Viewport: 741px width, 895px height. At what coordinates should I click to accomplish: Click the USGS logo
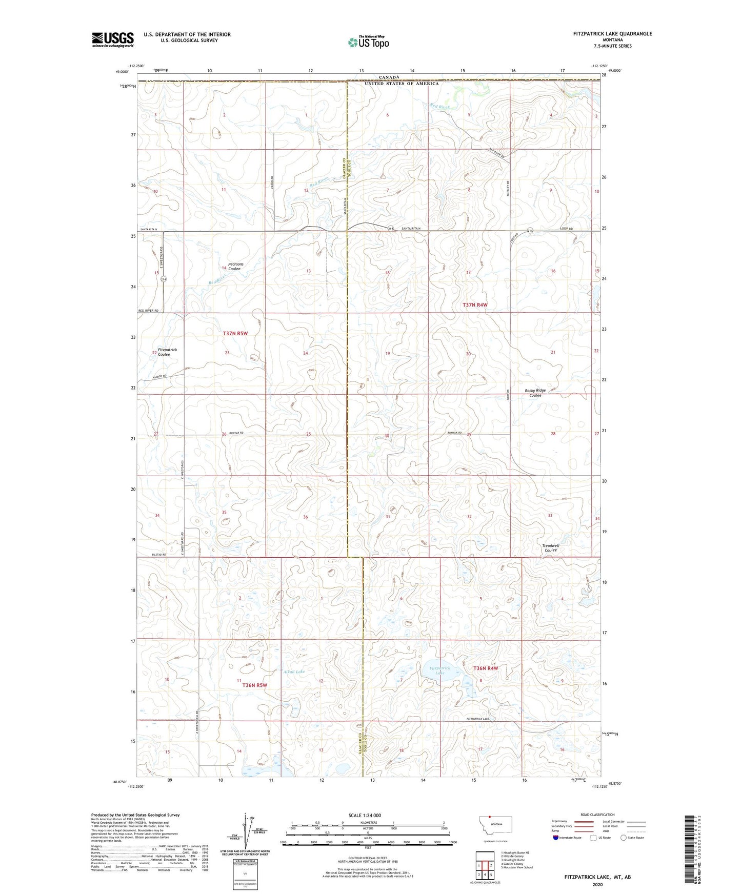tap(113, 39)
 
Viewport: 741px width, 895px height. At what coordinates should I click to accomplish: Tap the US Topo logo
tap(368, 42)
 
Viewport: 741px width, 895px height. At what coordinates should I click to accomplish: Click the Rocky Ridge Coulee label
tap(535, 393)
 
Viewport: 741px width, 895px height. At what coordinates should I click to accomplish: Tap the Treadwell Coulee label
tap(551, 548)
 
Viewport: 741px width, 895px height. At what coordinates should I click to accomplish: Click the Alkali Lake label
tap(294, 672)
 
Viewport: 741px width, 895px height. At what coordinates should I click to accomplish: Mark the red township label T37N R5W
tap(235, 333)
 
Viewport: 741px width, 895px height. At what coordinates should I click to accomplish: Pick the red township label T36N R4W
tap(485, 668)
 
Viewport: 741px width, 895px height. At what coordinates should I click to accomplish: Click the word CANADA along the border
tap(389, 77)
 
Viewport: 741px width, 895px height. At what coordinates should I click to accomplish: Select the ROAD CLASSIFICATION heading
tap(597, 815)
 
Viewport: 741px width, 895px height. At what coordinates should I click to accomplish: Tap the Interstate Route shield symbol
tap(556, 838)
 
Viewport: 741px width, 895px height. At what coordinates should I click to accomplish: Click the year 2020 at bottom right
tap(597, 885)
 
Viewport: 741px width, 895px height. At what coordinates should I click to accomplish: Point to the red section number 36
tap(306, 517)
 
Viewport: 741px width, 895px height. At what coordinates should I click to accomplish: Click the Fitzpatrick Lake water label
tap(439, 670)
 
